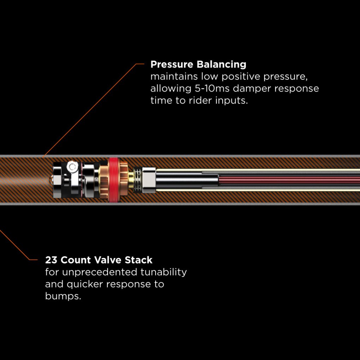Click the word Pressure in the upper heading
coord(171,65)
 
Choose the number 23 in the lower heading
coord(52,260)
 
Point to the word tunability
coord(164,272)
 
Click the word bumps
coord(63,296)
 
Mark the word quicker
coord(87,284)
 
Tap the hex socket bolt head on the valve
coord(72,166)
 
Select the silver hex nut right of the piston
coord(148,180)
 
